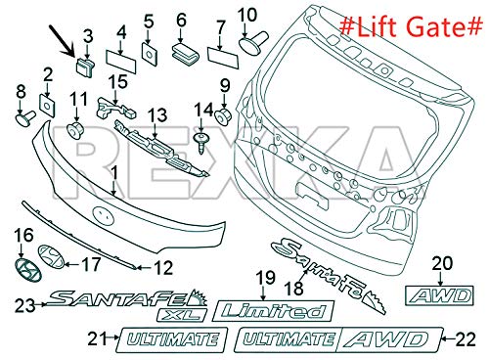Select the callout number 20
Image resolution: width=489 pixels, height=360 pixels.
coord(442,262)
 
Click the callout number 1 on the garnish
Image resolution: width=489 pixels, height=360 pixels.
coord(113,171)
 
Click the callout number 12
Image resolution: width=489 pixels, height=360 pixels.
coord(165,266)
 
